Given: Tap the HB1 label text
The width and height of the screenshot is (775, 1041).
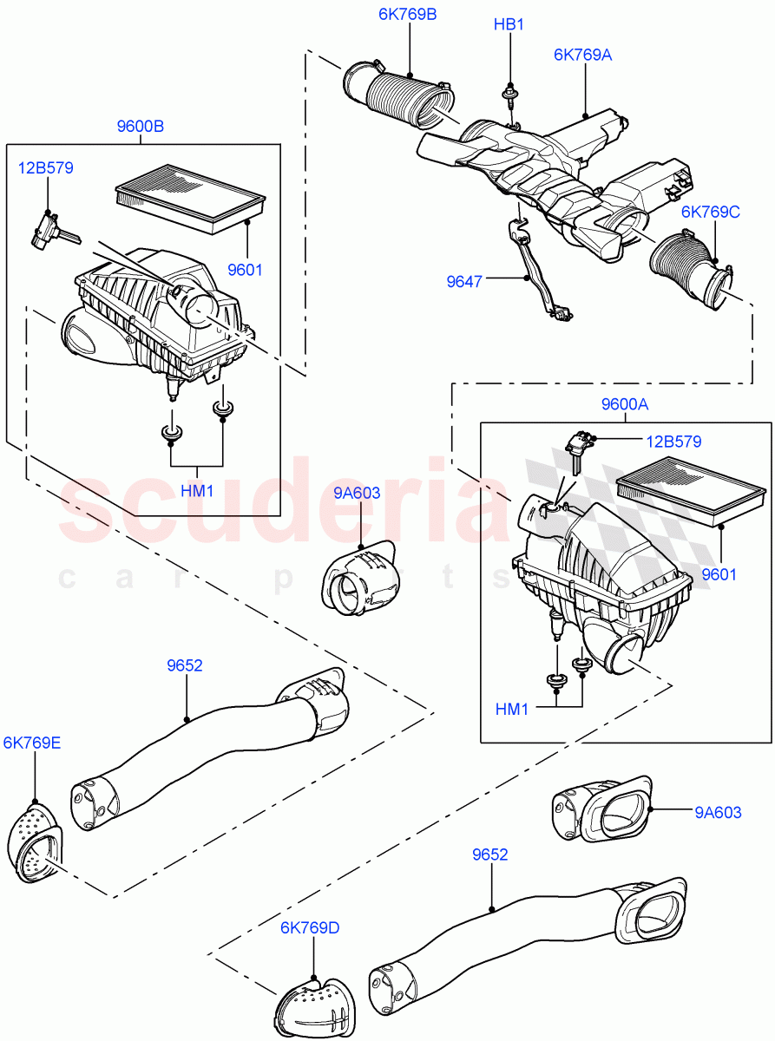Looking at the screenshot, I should pos(509,25).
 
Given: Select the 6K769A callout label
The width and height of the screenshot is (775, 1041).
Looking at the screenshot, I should pos(583,55).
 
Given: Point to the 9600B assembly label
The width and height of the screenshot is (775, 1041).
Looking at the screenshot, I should pos(140,127).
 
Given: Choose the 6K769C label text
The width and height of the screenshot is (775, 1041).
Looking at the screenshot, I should pos(711,212).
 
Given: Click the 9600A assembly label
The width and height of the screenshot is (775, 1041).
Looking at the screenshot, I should pos(624,404).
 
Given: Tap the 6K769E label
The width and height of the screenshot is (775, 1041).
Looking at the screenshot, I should pos(32,743).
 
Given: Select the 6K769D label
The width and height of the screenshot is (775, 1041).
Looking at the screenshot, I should pos(310,928).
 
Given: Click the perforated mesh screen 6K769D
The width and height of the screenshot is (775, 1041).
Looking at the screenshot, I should pos(313,1006).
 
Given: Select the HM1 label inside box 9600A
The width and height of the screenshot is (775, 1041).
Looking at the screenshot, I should pos(512,710).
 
